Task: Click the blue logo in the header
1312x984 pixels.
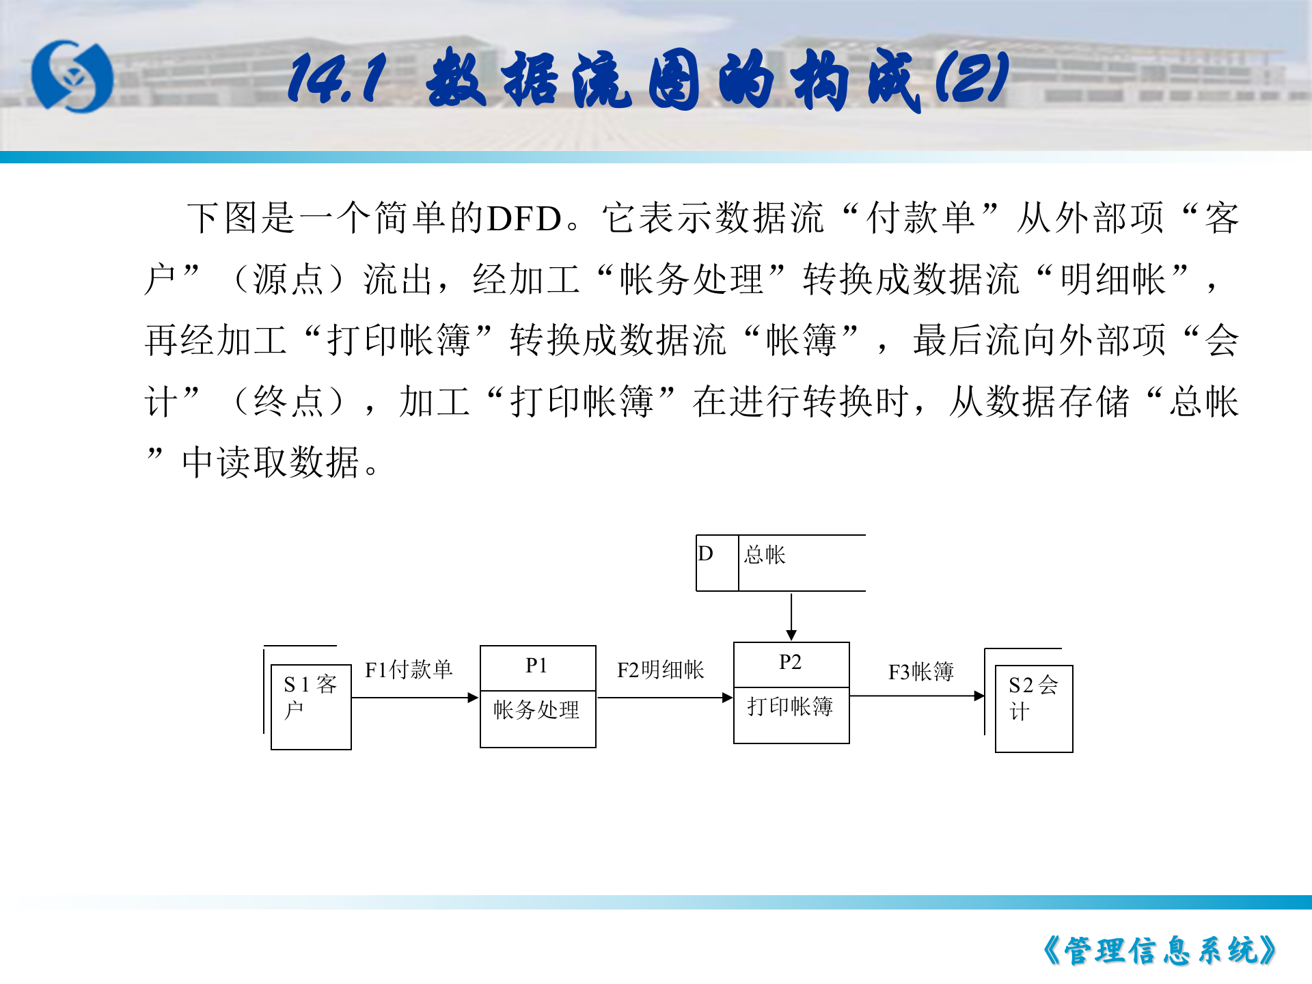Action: point(72,76)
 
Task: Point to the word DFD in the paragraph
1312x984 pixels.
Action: point(524,219)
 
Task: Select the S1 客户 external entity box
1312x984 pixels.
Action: point(311,707)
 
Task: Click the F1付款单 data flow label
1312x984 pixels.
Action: point(409,670)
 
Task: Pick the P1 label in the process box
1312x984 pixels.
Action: point(536,666)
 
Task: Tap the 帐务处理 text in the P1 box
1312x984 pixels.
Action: point(536,710)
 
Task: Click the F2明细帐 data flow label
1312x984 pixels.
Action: point(660,670)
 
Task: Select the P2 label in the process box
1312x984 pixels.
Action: point(790,662)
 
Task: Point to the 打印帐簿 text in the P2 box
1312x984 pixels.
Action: point(790,707)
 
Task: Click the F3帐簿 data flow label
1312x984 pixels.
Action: point(920,672)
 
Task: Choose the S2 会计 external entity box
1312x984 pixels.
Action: point(1033,708)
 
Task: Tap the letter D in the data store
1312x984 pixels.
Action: point(706,553)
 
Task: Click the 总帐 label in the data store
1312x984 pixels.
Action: point(765,555)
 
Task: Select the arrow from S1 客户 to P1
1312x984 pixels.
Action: point(414,698)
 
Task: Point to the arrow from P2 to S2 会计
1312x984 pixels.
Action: point(916,696)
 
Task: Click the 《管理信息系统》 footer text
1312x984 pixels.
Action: point(1160,951)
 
